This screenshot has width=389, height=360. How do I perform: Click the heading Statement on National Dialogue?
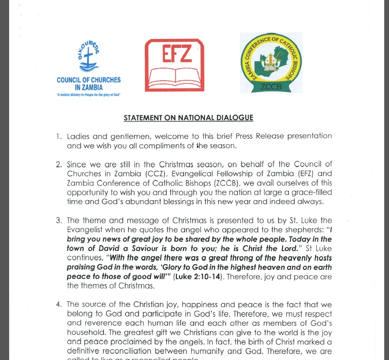tap(188, 118)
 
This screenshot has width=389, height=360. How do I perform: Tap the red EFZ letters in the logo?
tap(174, 54)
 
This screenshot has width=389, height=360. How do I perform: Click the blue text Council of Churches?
tap(89, 80)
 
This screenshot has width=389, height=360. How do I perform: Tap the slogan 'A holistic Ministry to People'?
tap(89, 95)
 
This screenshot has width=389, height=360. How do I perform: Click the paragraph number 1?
tap(59, 136)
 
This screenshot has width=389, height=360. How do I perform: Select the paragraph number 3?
tap(59, 221)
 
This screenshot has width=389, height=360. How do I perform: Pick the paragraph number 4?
tap(59, 304)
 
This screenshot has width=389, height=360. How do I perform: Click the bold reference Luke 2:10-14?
tap(197, 277)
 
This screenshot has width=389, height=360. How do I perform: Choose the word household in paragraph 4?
tap(85, 333)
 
